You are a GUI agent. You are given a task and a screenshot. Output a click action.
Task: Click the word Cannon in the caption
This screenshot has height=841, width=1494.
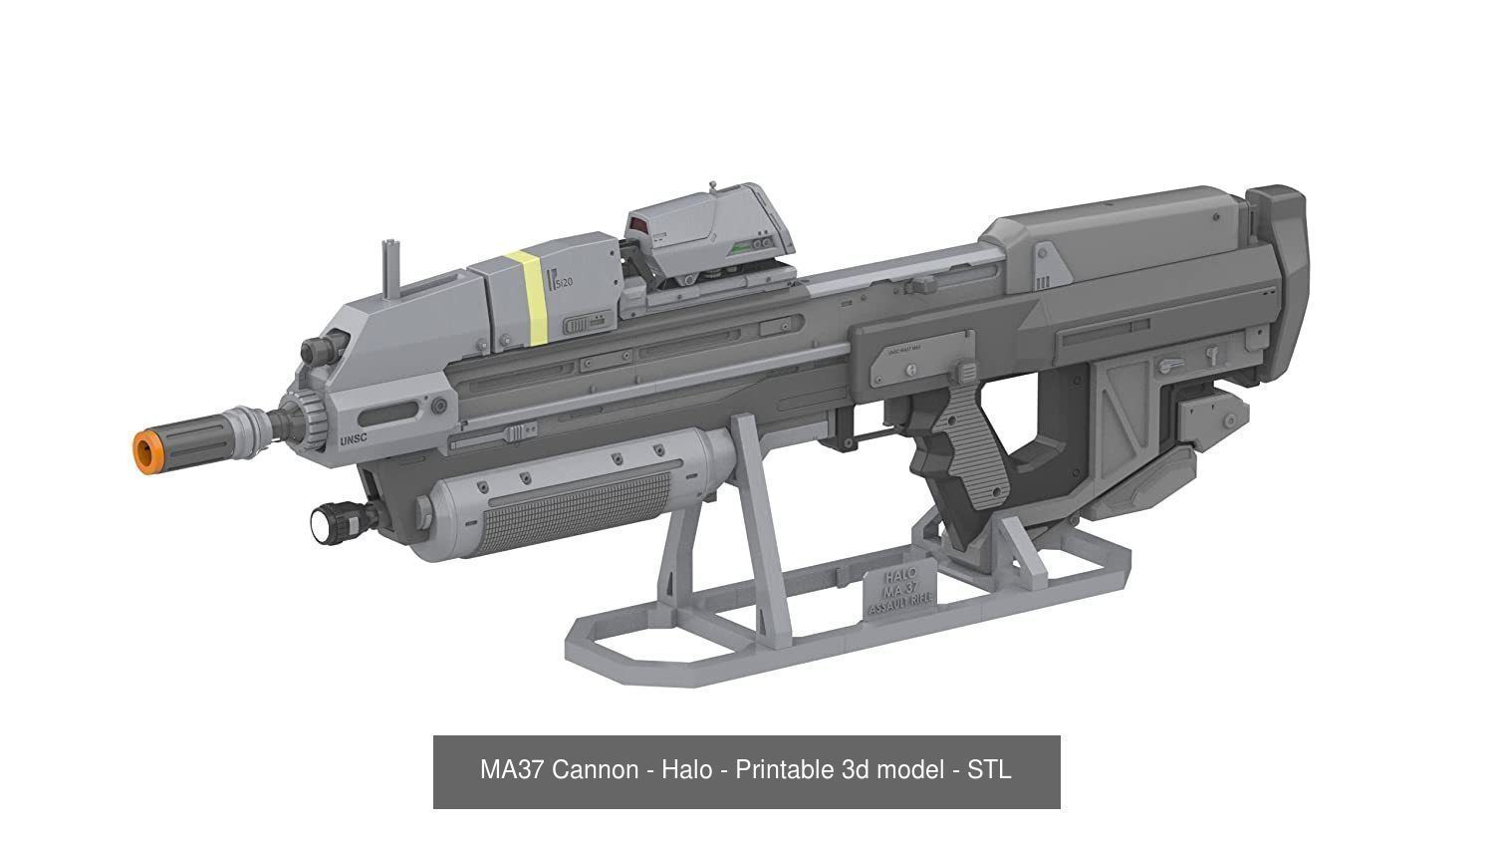pyautogui.click(x=595, y=770)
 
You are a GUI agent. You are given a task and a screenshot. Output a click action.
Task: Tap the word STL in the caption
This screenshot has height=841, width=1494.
pyautogui.click(x=989, y=770)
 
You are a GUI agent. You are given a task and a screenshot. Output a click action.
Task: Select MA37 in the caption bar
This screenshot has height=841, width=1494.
pyautogui.click(x=512, y=770)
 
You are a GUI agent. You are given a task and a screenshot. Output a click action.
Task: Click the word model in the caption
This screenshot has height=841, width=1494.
pyautogui.click(x=908, y=770)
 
